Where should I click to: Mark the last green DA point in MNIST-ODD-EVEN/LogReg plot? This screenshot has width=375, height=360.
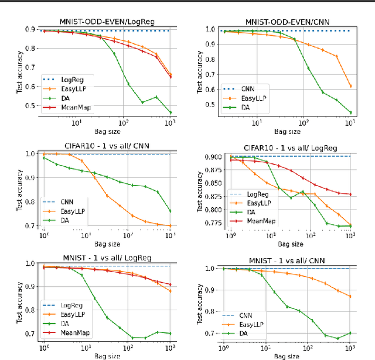(171, 112)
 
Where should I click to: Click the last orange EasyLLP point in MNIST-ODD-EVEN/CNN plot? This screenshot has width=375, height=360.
(350, 85)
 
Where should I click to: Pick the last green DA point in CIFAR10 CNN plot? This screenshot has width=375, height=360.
(171, 211)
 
